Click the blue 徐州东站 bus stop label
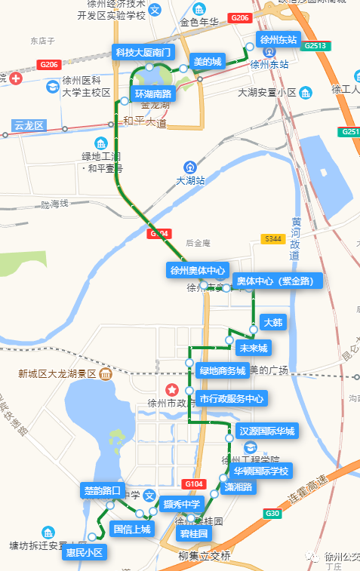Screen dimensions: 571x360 pyautogui.click(x=278, y=39)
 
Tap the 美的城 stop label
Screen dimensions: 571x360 pyautogui.click(x=207, y=62)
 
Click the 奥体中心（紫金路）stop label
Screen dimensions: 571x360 pyautogui.click(x=277, y=281)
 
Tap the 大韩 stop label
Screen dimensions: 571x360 pyautogui.click(x=272, y=322)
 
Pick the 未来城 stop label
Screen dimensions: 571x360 pyautogui.click(x=253, y=348)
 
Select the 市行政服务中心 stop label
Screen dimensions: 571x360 pyautogui.click(x=232, y=398)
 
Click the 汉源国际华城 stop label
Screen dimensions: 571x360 pyautogui.click(x=266, y=431)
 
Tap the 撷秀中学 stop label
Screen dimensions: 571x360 pyautogui.click(x=182, y=504)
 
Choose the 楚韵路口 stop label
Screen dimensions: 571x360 pyautogui.click(x=102, y=491)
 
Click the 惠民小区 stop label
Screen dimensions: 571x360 pyautogui.click(x=84, y=553)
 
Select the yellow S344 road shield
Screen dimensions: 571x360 pyautogui.click(x=272, y=238)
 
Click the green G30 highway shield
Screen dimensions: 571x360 pyautogui.click(x=272, y=514)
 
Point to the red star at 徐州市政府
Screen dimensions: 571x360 pyautogui.click(x=173, y=389)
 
